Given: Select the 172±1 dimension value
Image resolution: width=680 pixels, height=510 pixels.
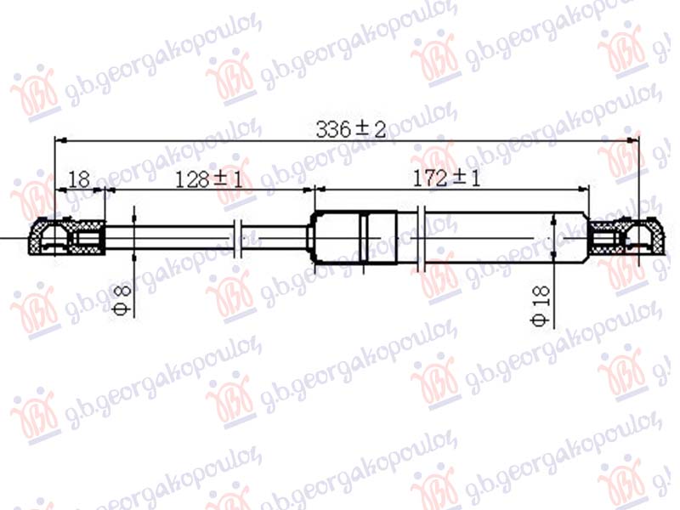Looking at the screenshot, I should [446, 179].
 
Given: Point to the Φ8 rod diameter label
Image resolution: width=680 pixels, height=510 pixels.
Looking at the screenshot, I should [121, 300].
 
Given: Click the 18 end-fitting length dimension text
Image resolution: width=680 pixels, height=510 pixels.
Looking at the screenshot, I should [79, 179].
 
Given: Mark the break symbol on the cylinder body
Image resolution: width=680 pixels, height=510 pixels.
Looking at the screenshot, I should [422, 237].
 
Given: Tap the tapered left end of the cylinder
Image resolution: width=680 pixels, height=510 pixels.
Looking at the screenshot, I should [314, 237].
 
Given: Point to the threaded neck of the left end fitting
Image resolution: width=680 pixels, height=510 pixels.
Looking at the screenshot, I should [88, 237].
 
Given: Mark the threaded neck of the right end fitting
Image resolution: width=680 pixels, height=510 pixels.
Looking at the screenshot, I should [604, 237].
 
